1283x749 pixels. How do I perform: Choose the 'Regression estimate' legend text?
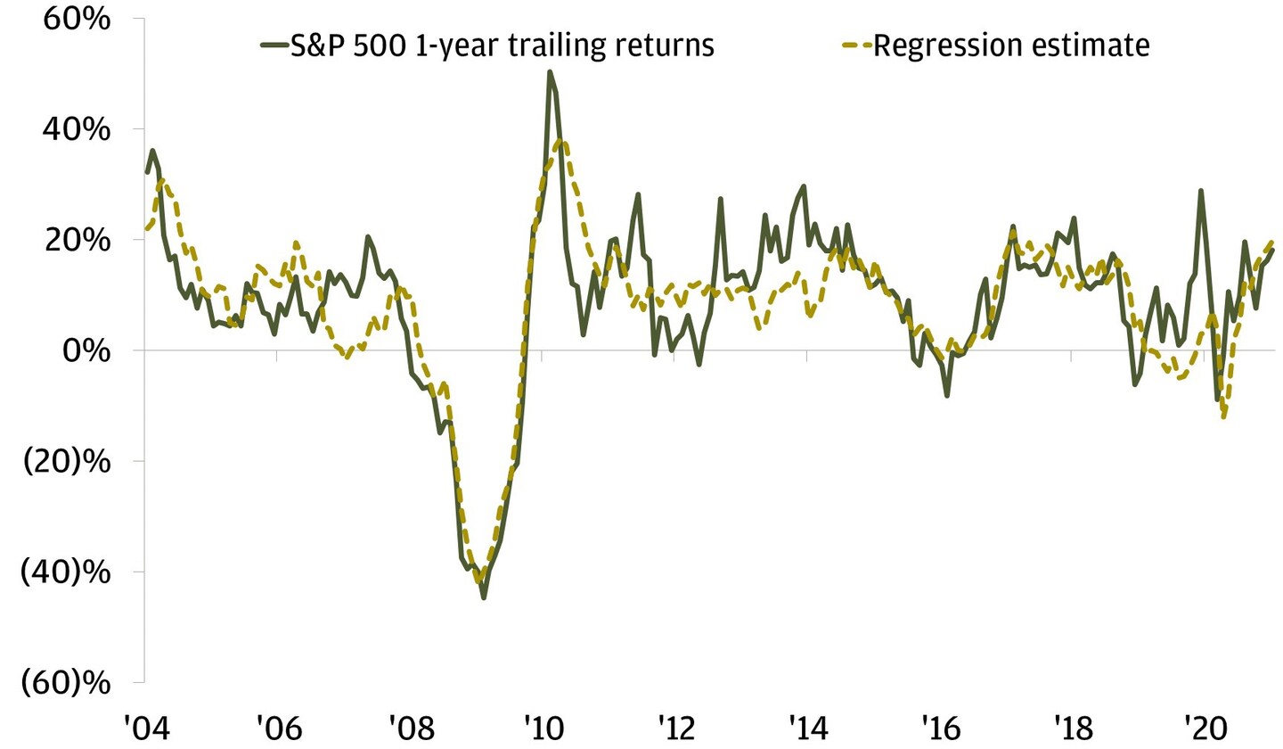tap(1011, 45)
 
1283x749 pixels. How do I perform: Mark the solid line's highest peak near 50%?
tap(550, 72)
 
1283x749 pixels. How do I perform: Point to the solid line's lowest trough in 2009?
tap(484, 597)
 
